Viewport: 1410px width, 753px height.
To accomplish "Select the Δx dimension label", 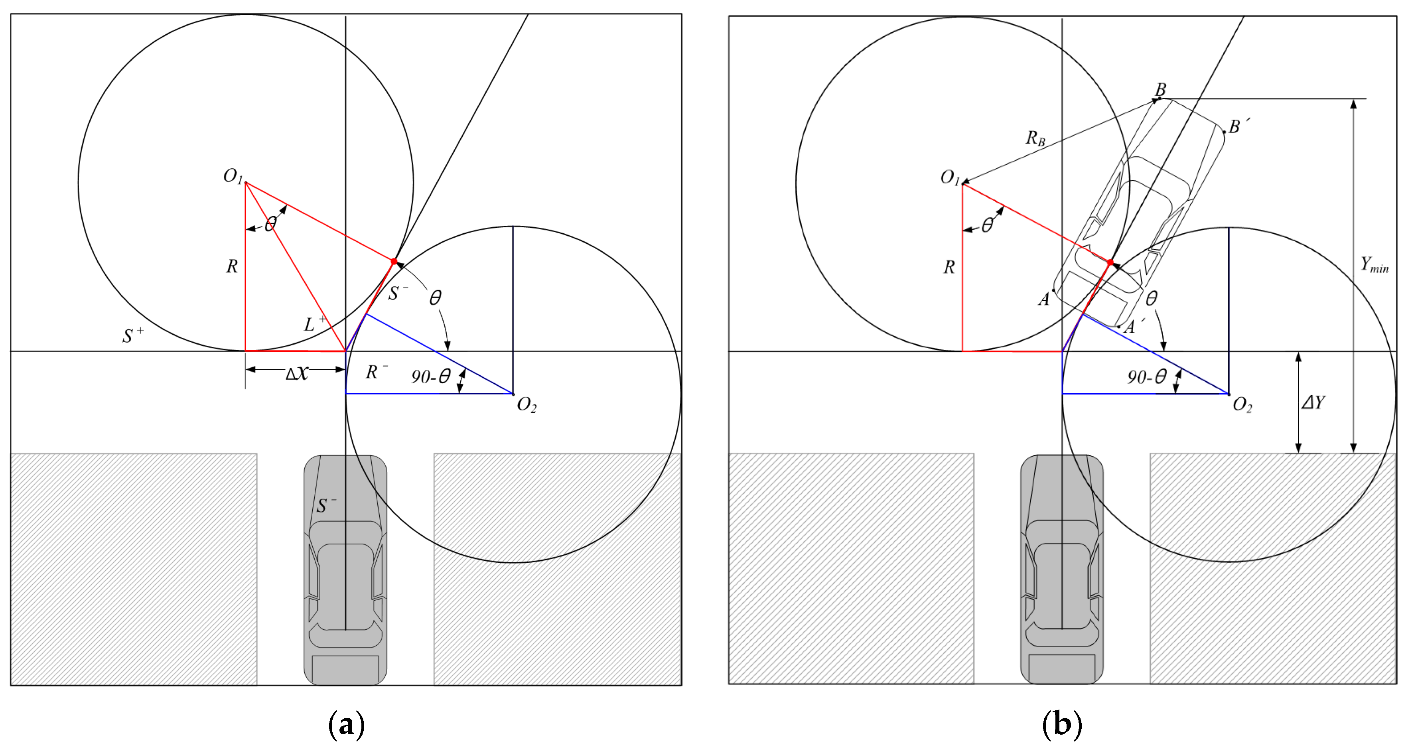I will pos(297,374).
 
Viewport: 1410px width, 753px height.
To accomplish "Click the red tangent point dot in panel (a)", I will pos(394,262).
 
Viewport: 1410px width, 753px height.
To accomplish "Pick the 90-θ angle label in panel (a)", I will pos(431,376).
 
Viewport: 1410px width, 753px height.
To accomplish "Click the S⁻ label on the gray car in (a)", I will pos(326,505).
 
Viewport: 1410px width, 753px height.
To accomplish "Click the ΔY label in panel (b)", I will pos(1313,403).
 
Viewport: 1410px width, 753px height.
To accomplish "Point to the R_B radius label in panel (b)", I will pos(1035,138).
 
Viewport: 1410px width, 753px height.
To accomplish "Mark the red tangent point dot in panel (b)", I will pos(1110,263).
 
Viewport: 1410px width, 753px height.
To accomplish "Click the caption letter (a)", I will pos(346,725).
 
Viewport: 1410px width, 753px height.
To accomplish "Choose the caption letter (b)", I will pos(1062,725).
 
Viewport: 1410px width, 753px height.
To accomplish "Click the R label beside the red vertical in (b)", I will pos(949,267).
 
